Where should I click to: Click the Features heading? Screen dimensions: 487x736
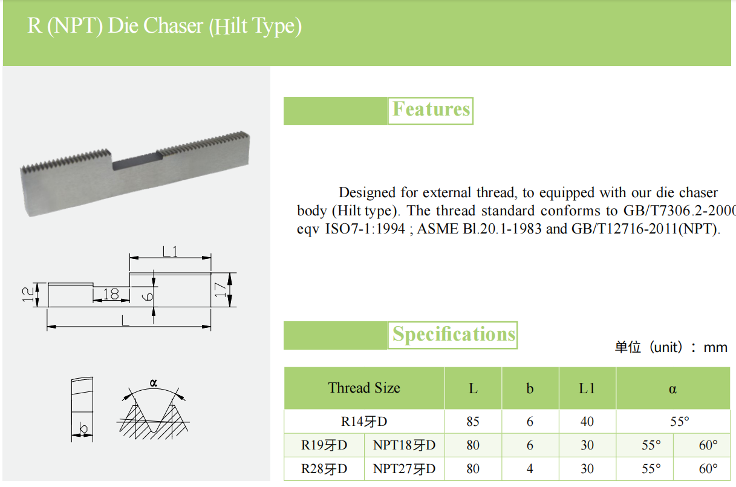(431, 109)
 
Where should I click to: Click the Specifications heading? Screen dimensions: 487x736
(454, 335)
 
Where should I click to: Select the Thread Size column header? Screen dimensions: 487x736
(364, 388)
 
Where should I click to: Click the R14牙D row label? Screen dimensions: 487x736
(364, 422)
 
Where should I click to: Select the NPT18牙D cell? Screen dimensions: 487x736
(404, 446)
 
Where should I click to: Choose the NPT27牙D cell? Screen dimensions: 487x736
(404, 469)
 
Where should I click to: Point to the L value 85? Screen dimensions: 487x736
(473, 422)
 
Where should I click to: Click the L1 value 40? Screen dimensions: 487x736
(587, 422)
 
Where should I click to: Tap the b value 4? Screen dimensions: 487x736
(530, 469)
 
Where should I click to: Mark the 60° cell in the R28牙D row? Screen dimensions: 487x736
(708, 469)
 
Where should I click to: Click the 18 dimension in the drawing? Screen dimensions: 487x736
(111, 294)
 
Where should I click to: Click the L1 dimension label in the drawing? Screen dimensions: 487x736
(170, 251)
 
